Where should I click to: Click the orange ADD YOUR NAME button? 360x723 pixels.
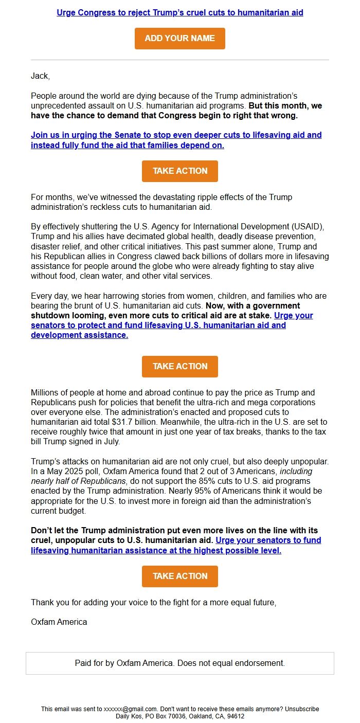click(x=179, y=39)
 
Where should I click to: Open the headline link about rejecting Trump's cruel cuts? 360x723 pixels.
click(x=179, y=12)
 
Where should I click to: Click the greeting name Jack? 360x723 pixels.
click(x=40, y=76)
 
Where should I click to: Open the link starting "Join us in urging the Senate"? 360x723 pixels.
click(x=176, y=135)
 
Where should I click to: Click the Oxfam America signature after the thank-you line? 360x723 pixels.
click(x=59, y=622)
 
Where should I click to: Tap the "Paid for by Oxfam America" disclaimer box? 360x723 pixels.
click(x=179, y=663)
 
